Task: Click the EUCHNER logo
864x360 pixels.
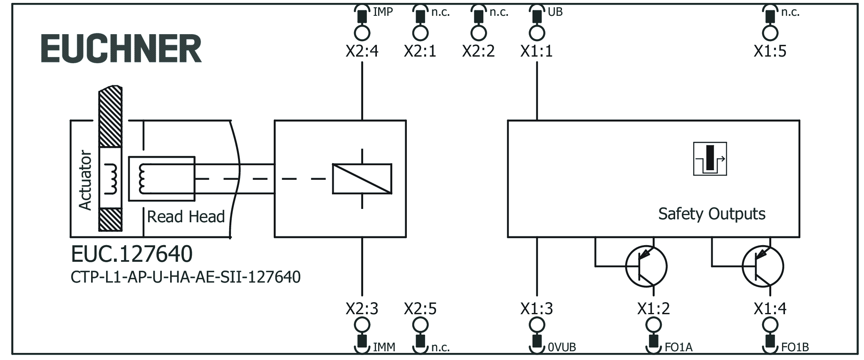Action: tap(121, 49)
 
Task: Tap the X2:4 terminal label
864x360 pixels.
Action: tap(362, 51)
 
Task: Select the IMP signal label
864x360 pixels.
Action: tap(383, 12)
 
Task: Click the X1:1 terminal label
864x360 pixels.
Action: tap(537, 51)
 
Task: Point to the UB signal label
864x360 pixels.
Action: tap(555, 12)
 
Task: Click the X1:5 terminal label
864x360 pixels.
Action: tap(770, 51)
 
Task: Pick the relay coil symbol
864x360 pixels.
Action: tap(362, 179)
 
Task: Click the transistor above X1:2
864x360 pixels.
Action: tap(646, 266)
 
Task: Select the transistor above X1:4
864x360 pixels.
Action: tap(763, 266)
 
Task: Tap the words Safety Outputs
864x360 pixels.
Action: tap(711, 214)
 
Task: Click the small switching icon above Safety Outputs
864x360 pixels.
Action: tap(710, 159)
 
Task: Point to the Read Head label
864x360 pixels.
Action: tap(186, 217)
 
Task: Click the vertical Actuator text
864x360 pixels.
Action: tap(85, 180)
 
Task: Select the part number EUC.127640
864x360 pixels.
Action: tap(132, 254)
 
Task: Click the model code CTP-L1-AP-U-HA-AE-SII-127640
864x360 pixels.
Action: tap(186, 277)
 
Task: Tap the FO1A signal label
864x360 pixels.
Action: tap(678, 347)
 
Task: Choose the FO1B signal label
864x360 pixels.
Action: tap(795, 347)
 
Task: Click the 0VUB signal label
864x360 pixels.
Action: tap(562, 347)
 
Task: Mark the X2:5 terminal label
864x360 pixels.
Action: tap(420, 309)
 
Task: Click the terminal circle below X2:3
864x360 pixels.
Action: tap(362, 325)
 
